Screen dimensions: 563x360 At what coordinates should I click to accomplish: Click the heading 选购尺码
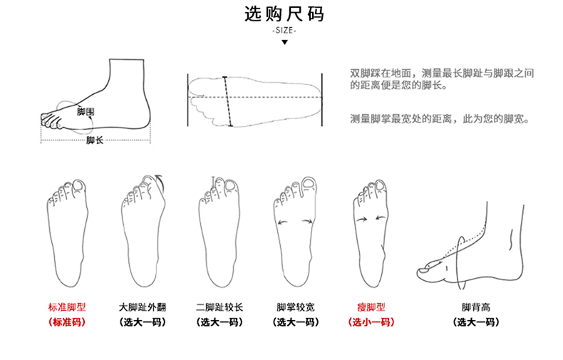pyautogui.click(x=284, y=14)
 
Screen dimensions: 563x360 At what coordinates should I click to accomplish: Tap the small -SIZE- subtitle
pyautogui.click(x=284, y=31)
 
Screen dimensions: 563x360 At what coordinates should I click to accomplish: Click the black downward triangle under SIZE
pyautogui.click(x=284, y=43)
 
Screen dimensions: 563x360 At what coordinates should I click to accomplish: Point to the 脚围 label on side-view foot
pyautogui.click(x=86, y=112)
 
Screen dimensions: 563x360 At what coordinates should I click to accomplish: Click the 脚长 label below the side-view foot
pyautogui.click(x=94, y=140)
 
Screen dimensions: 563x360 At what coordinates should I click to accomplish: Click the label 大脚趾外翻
pyautogui.click(x=143, y=307)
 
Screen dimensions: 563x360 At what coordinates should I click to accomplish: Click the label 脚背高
pyautogui.click(x=475, y=307)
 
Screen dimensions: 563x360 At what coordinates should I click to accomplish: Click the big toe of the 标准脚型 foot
pyautogui.click(x=79, y=187)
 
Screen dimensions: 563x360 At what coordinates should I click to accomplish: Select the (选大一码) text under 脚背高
pyautogui.click(x=475, y=322)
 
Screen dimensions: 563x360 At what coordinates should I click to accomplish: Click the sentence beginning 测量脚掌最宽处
pyautogui.click(x=439, y=118)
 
